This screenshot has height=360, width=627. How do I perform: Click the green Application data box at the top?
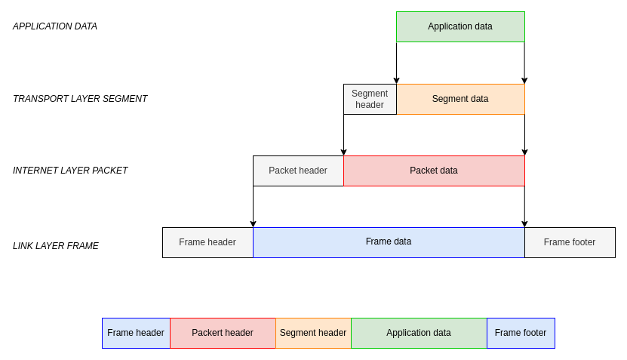pyautogui.click(x=460, y=26)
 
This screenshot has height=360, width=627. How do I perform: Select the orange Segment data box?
pyautogui.click(x=460, y=99)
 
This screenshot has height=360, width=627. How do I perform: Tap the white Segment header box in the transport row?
pyautogui.click(x=370, y=99)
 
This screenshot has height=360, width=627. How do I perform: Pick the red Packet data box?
pyautogui.click(x=434, y=171)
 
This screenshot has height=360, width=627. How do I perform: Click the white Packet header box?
pyautogui.click(x=298, y=171)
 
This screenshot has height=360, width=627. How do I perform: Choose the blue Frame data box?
pyautogui.click(x=389, y=242)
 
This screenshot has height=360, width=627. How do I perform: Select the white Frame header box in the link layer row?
pyautogui.click(x=207, y=242)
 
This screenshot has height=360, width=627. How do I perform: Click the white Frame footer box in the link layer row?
pyautogui.click(x=570, y=242)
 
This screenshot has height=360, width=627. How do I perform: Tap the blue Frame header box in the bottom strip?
pyautogui.click(x=136, y=333)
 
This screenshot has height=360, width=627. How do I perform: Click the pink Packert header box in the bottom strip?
pyautogui.click(x=223, y=333)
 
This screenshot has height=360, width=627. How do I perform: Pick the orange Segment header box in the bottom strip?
pyautogui.click(x=313, y=333)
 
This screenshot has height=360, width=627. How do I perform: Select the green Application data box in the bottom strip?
pyautogui.click(x=419, y=333)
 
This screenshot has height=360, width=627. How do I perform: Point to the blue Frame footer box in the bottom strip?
pyautogui.click(x=521, y=333)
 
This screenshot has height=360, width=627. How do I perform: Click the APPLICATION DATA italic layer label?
pyautogui.click(x=55, y=26)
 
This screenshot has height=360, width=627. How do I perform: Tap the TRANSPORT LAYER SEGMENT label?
pyautogui.click(x=80, y=99)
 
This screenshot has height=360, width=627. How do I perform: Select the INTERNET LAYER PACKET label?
pyautogui.click(x=70, y=171)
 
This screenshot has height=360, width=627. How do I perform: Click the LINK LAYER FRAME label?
pyautogui.click(x=56, y=246)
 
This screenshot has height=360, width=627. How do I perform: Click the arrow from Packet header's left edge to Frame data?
pyautogui.click(x=253, y=206)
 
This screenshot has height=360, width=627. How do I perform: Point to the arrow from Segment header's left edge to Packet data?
pyautogui.click(x=343, y=134)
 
